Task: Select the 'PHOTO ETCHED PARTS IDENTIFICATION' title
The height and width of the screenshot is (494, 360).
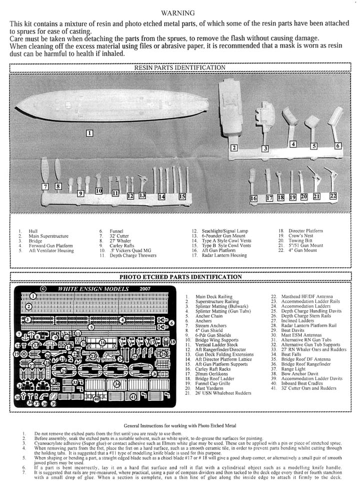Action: pos(180,277)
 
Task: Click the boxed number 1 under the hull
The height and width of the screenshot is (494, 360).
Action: pos(89,133)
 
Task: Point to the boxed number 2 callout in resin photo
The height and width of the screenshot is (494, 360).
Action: pos(233,148)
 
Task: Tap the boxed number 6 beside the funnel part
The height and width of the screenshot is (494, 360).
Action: pos(338,146)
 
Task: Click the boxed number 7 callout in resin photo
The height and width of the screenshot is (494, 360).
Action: pos(45,187)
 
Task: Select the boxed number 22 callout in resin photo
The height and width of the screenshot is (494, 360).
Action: pos(333,196)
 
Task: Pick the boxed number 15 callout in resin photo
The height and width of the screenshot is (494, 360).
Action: pos(182,197)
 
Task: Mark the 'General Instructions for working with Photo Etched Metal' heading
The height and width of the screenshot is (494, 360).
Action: pos(179,424)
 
